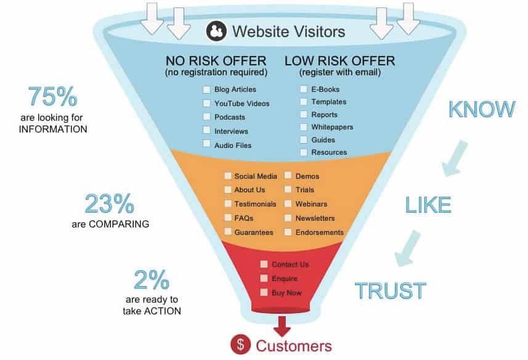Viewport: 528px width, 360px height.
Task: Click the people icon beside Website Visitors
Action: tap(216, 31)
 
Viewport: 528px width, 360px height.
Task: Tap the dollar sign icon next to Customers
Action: tap(240, 345)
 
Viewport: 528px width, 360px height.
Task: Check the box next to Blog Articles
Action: tap(206, 89)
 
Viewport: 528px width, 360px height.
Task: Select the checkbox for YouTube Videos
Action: tap(206, 103)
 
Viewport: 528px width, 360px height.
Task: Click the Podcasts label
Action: tap(230, 117)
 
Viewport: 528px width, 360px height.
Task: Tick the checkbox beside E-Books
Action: tap(303, 89)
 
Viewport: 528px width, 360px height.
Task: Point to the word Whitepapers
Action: tap(332, 127)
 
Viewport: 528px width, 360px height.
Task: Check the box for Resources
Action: tap(303, 152)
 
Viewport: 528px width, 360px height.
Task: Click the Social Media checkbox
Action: tap(228, 176)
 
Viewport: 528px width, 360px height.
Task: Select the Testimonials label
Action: tap(255, 204)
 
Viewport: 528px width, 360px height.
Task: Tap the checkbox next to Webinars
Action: tap(288, 204)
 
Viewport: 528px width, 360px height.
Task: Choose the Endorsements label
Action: tap(320, 232)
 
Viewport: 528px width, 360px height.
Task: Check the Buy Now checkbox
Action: tap(264, 292)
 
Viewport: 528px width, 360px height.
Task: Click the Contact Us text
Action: tap(290, 264)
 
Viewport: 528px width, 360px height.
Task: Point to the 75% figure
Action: tap(52, 97)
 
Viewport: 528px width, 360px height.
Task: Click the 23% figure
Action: tap(110, 204)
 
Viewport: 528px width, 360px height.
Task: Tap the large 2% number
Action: tap(152, 279)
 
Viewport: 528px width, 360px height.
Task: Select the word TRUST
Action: tap(391, 290)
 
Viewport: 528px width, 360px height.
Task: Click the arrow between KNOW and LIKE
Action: tap(455, 158)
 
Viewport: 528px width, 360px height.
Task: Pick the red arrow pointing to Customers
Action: tap(282, 326)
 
